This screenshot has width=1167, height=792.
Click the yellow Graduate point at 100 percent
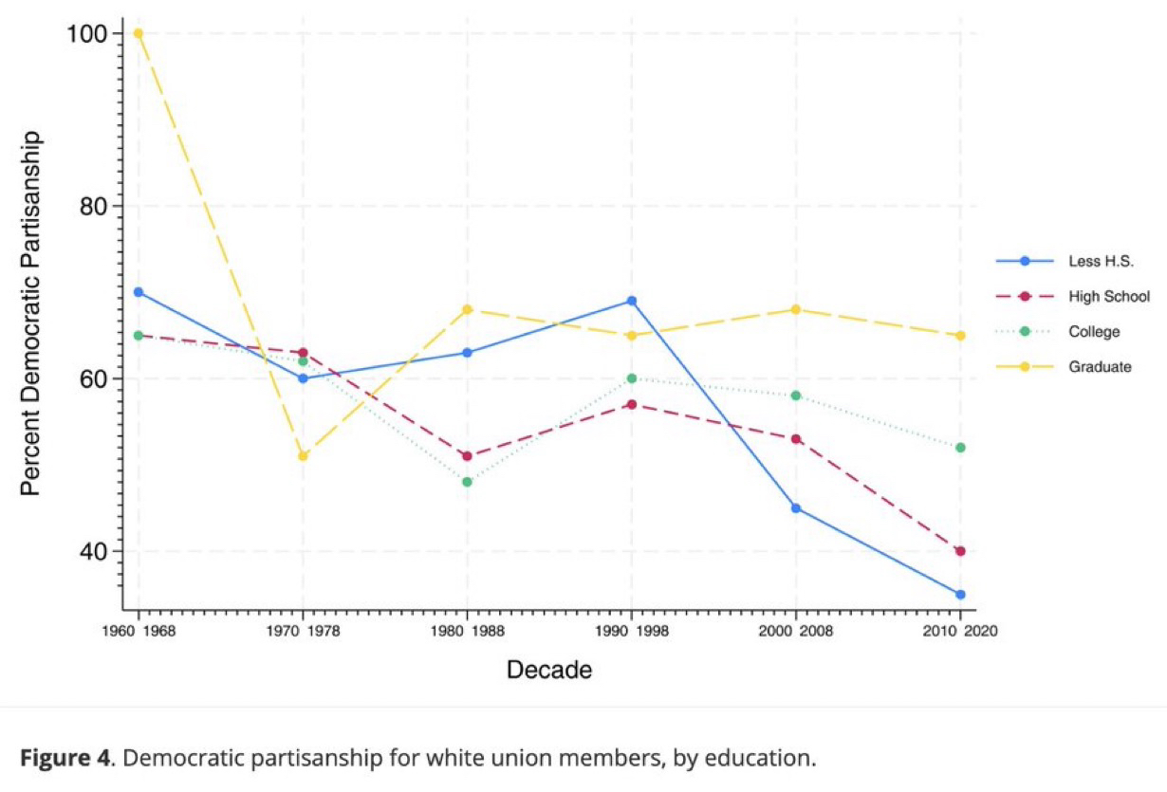pyautogui.click(x=139, y=33)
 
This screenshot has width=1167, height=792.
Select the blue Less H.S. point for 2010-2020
pyautogui.click(x=960, y=595)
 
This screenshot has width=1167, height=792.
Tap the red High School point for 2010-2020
pyautogui.click(x=960, y=551)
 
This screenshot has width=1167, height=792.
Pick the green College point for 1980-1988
pyautogui.click(x=467, y=482)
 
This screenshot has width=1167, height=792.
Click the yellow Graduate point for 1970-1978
pyautogui.click(x=303, y=456)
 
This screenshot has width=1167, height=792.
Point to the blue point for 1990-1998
pyautogui.click(x=631, y=301)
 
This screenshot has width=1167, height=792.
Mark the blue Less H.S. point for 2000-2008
pyautogui.click(x=795, y=508)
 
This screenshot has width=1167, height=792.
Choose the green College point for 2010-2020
pyautogui.click(x=960, y=448)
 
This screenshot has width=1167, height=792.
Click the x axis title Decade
pyautogui.click(x=549, y=671)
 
